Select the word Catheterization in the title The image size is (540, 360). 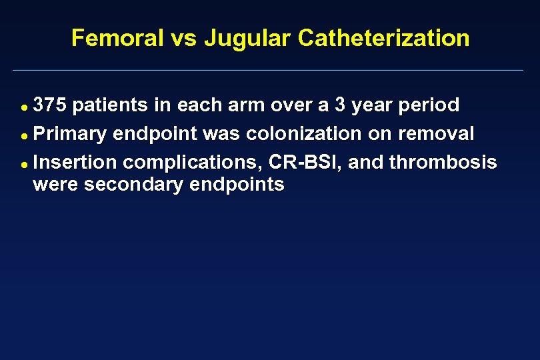383,38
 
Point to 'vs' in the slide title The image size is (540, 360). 183,38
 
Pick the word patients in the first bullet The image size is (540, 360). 107,105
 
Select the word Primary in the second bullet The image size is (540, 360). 70,134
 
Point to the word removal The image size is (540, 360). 436,134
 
